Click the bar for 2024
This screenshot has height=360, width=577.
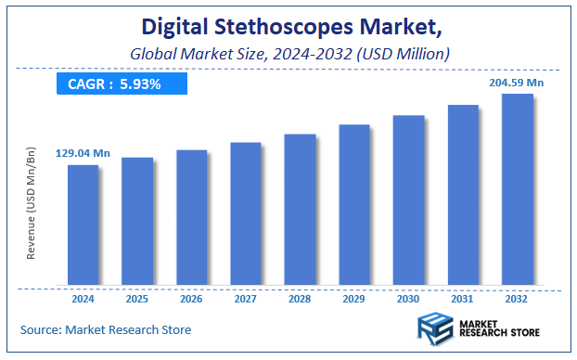click(83, 225)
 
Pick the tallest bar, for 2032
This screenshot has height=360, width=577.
click(517, 189)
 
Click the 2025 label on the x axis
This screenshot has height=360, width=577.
click(137, 299)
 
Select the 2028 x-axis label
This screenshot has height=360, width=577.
click(300, 299)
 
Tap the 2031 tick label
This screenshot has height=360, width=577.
click(463, 299)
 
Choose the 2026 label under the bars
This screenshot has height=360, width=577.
click(191, 299)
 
